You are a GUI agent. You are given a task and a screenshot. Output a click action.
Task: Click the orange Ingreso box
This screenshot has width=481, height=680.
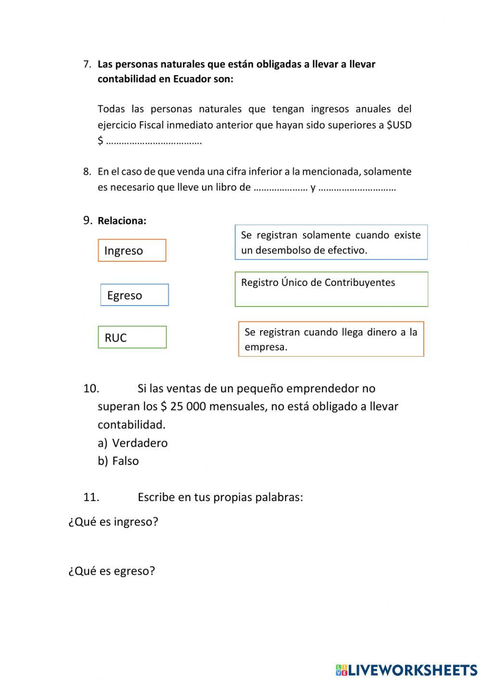pyautogui.click(x=132, y=250)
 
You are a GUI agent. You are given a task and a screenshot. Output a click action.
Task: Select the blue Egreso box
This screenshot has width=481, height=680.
pyautogui.click(x=135, y=295)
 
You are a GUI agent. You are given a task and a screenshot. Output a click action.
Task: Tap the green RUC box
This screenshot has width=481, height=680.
pyautogui.click(x=132, y=337)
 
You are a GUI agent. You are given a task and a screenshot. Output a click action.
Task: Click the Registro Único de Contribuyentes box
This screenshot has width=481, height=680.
pyautogui.click(x=331, y=289)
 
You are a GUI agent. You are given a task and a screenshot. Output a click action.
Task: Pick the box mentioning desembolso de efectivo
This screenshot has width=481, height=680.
pyautogui.click(x=331, y=242)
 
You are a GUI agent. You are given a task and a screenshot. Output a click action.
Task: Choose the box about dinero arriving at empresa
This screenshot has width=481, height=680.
pyautogui.click(x=331, y=339)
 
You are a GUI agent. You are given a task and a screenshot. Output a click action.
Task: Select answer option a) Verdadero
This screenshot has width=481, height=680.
pyautogui.click(x=139, y=443)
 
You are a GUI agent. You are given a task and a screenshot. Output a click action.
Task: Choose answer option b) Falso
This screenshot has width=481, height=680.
pyautogui.click(x=125, y=461)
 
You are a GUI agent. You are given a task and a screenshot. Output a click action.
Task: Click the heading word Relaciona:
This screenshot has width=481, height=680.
pyautogui.click(x=122, y=221)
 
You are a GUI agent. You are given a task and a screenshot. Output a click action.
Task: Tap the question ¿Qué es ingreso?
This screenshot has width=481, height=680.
pyautogui.click(x=113, y=522)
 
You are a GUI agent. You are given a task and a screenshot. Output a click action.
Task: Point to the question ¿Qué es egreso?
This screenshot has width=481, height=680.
pyautogui.click(x=112, y=571)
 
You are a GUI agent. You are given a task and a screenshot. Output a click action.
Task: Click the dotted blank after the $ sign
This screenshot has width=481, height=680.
pyautogui.click(x=154, y=141)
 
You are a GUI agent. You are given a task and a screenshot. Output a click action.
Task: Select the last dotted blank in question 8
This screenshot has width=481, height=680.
pyautogui.click(x=357, y=188)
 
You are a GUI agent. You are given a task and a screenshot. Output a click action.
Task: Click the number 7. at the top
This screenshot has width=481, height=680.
pyautogui.click(x=87, y=64)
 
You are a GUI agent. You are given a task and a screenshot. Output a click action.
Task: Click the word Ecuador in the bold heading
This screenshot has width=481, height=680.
pyautogui.click(x=192, y=79)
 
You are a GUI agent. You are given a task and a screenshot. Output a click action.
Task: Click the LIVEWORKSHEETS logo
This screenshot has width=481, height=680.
pyautogui.click(x=406, y=669)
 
